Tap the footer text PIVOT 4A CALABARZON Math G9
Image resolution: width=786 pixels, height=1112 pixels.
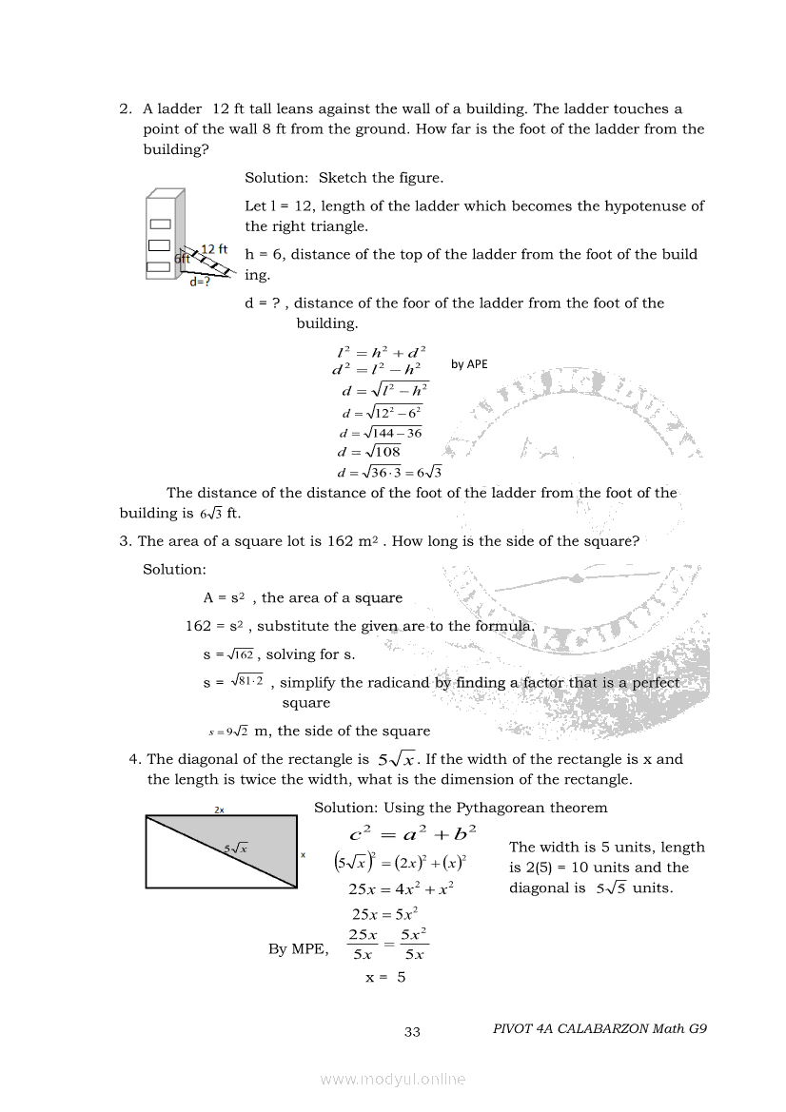(x=600, y=1028)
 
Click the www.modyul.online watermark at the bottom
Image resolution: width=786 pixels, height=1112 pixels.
(x=393, y=1079)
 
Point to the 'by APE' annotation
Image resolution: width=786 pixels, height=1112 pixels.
(x=469, y=363)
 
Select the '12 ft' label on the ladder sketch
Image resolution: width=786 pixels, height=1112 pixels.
(x=214, y=249)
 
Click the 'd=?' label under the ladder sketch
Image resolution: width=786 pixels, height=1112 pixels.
(x=200, y=282)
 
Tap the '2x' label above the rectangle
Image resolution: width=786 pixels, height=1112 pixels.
(x=219, y=810)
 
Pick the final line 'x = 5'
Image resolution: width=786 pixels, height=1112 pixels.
(x=385, y=977)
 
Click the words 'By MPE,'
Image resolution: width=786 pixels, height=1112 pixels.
(x=299, y=948)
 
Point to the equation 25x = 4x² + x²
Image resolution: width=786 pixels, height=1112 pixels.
(x=401, y=889)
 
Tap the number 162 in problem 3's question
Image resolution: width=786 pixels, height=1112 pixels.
(x=341, y=541)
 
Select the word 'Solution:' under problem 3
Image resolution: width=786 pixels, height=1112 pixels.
(x=174, y=569)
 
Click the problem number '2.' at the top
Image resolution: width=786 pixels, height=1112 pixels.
(x=126, y=109)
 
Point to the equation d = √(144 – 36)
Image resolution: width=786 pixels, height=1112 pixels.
(x=380, y=432)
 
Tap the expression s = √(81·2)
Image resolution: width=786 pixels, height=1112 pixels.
(x=232, y=682)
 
